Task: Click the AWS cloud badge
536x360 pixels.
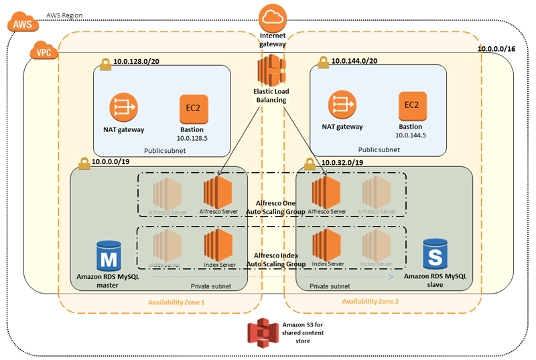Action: point(19,23)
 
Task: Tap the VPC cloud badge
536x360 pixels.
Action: point(43,51)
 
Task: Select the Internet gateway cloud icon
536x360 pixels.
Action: point(271,17)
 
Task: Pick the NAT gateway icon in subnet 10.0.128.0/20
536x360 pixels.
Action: point(123,106)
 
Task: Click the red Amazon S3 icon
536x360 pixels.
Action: point(262,332)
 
